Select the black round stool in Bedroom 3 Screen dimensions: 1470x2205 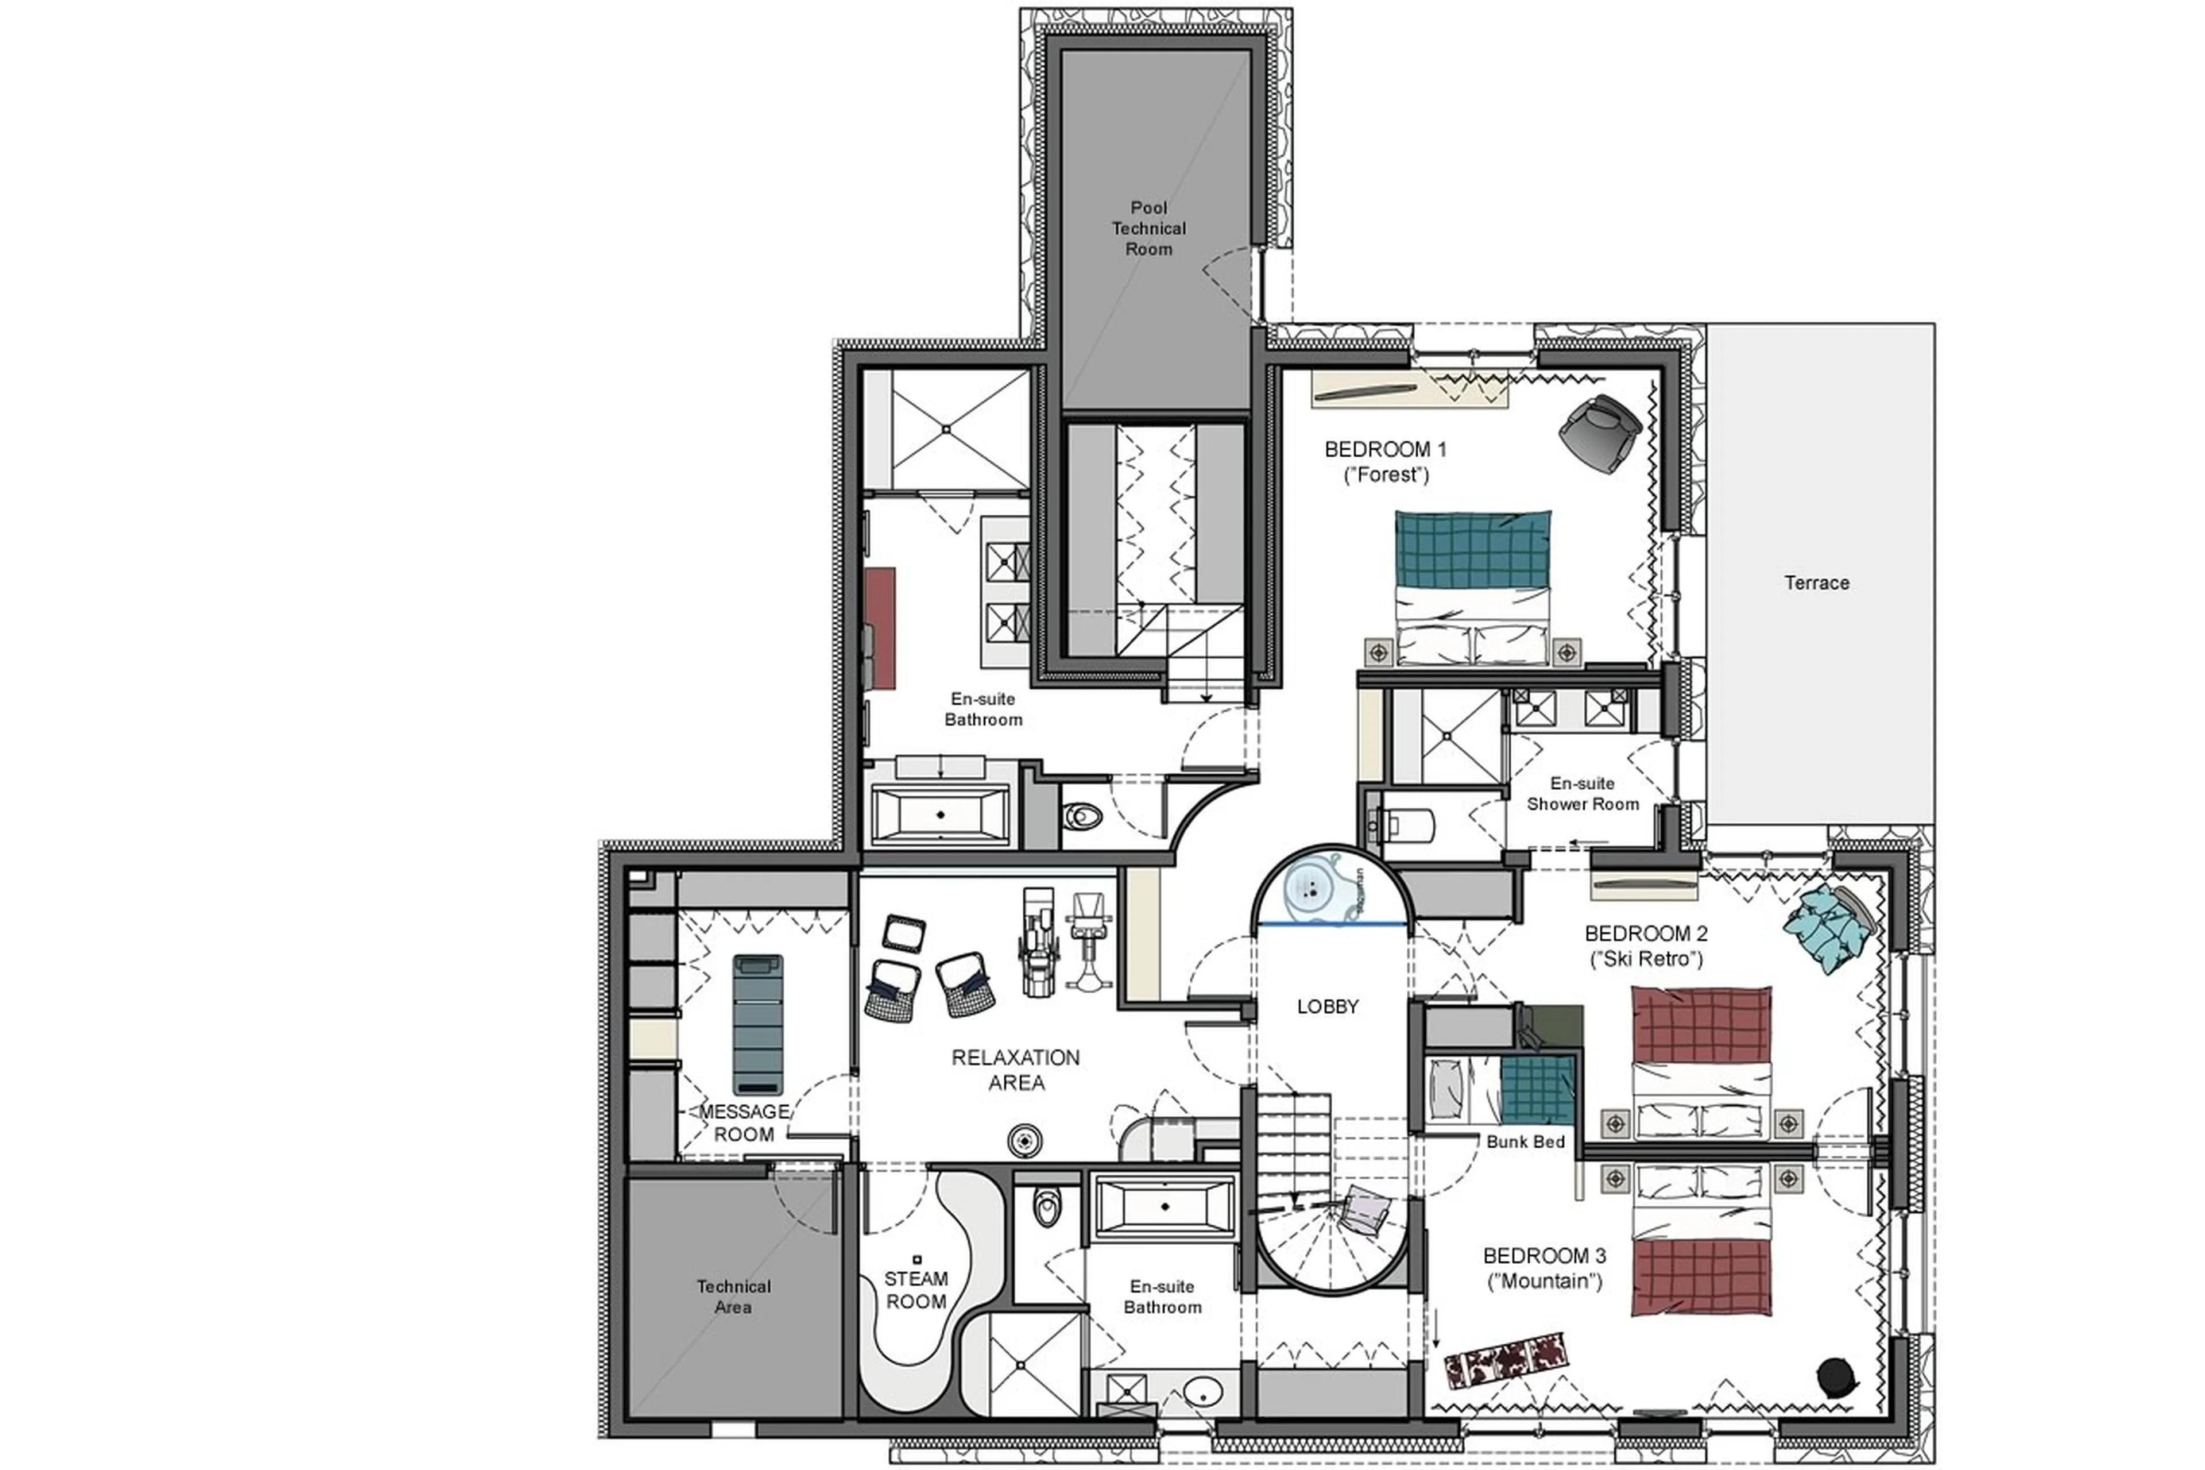tap(1834, 1376)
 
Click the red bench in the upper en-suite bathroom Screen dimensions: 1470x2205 tap(879, 627)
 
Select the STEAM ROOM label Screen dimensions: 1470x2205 tap(915, 1290)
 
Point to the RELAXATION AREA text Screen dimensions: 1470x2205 tap(1016, 1070)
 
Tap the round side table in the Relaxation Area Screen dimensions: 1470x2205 tap(1024, 1141)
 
